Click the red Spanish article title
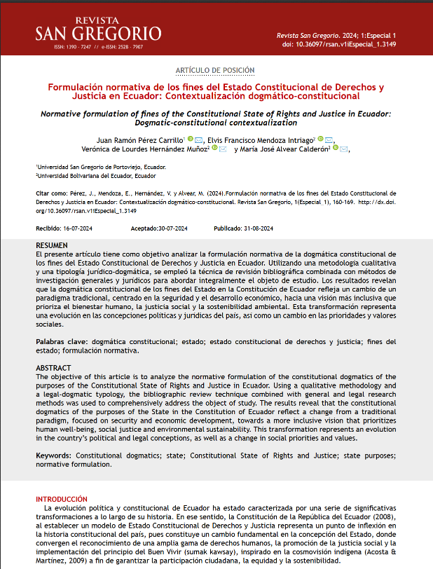(x=216, y=92)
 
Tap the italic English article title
(x=216, y=117)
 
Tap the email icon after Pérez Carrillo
(x=199, y=139)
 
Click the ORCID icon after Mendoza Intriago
(x=320, y=139)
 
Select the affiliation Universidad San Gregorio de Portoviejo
(x=102, y=168)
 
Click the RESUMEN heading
(x=52, y=245)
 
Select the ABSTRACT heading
(x=53, y=368)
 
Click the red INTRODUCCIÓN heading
(x=62, y=498)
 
